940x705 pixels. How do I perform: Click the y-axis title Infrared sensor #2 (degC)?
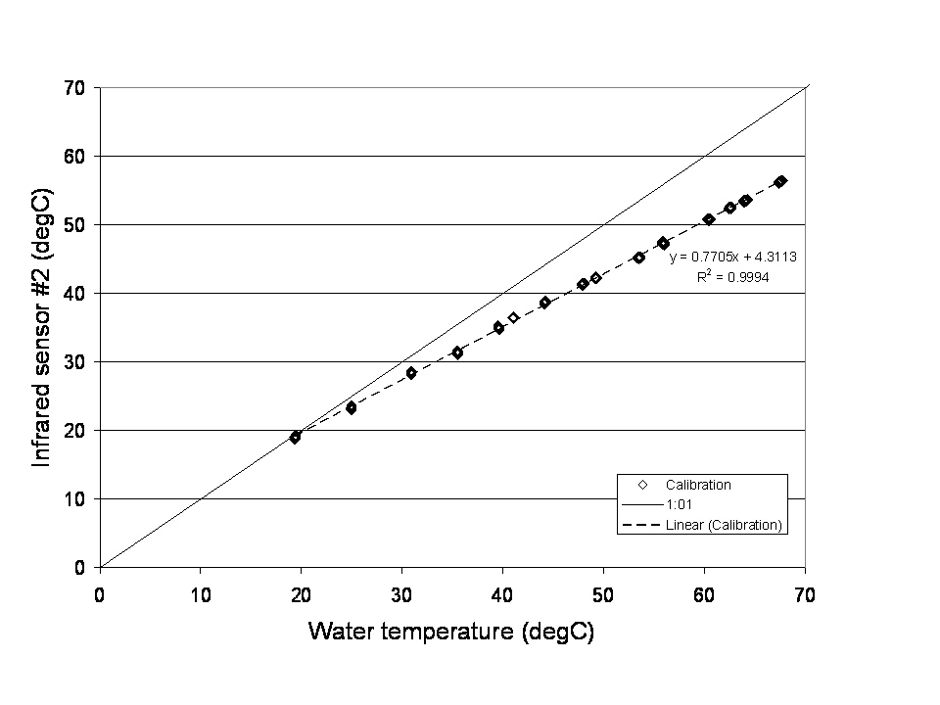[x=42, y=327]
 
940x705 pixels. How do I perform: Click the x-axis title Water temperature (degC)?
[x=451, y=632]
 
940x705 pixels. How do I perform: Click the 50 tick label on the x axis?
[x=603, y=592]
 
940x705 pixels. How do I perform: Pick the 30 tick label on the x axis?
[x=401, y=592]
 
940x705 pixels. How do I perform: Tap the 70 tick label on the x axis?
[x=805, y=592]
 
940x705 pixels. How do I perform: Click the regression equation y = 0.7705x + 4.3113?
[x=732, y=258]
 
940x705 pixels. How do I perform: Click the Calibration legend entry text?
[x=698, y=485]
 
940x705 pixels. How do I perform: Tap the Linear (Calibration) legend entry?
[x=723, y=526]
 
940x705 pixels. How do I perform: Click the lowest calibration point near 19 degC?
[x=295, y=437]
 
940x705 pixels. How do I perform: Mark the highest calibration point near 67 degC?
[x=780, y=181]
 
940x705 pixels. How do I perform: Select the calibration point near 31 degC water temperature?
[x=411, y=373]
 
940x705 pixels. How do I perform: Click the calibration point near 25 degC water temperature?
[x=352, y=407]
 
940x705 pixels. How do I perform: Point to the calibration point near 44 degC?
[x=544, y=303]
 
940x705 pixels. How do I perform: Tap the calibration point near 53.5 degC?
[x=638, y=258]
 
